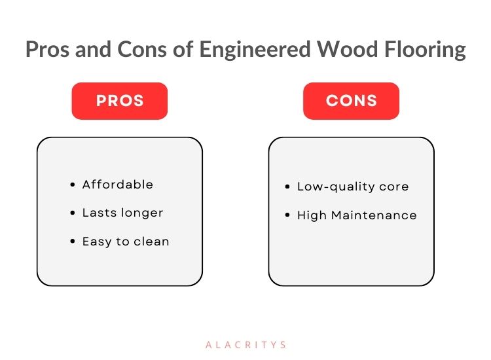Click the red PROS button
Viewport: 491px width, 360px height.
point(120,101)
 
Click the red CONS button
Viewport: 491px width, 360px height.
point(351,101)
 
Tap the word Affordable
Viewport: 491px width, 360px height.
point(118,185)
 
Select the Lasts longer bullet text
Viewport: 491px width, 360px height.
point(123,213)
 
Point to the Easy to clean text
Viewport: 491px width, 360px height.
point(126,242)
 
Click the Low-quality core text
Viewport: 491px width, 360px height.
point(353,187)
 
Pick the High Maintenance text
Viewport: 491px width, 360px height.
point(357,215)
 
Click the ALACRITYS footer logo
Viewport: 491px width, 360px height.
point(245,345)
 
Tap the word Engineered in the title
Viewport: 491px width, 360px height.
point(255,50)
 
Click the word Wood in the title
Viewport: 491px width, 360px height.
point(347,49)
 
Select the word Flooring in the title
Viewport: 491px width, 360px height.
point(425,50)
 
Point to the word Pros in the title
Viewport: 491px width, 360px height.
point(47,49)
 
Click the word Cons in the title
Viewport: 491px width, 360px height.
point(142,49)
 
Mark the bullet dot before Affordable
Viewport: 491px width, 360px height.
point(73,185)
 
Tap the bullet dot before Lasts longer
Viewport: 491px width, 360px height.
point(73,213)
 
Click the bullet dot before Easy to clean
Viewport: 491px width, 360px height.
point(73,242)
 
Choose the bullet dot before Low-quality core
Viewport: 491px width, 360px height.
point(287,187)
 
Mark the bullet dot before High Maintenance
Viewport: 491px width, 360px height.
point(287,215)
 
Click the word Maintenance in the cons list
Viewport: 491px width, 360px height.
point(374,215)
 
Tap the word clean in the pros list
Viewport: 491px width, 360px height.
point(152,242)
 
